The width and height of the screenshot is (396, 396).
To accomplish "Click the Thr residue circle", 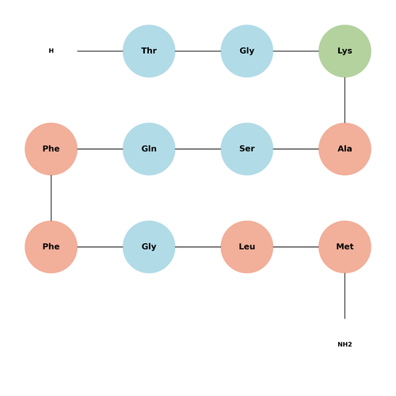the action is (x=149, y=51).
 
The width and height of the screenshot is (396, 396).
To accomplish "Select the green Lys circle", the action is (x=345, y=51).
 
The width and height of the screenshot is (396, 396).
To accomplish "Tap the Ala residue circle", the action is (x=345, y=149).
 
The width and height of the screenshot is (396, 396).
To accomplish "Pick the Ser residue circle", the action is (x=247, y=149).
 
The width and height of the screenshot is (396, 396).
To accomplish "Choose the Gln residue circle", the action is (x=149, y=149).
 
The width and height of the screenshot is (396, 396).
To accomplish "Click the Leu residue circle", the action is (x=247, y=247).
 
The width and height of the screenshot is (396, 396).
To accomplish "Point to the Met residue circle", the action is (x=345, y=247).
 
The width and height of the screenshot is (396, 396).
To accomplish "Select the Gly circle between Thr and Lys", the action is (x=247, y=51).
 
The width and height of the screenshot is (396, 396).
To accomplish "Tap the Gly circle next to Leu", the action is (x=149, y=247).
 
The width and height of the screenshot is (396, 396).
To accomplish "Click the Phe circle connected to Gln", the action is (x=51, y=149).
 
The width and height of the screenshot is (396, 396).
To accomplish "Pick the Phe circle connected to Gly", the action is (x=51, y=247).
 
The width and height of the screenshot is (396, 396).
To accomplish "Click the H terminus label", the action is (x=51, y=51).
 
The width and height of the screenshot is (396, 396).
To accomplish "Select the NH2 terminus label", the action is (x=345, y=345).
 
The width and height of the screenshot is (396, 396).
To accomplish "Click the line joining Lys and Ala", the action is (x=345, y=100).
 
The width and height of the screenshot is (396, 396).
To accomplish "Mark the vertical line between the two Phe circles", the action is (x=51, y=198).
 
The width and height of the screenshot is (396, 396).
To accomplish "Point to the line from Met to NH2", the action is (x=345, y=296).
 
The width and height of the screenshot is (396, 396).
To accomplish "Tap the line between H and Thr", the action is (x=100, y=51).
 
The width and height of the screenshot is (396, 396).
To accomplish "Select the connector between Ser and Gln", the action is (x=198, y=149).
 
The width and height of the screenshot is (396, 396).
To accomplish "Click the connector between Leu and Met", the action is (x=296, y=247).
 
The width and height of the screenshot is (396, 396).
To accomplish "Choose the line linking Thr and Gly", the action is (x=198, y=51).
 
